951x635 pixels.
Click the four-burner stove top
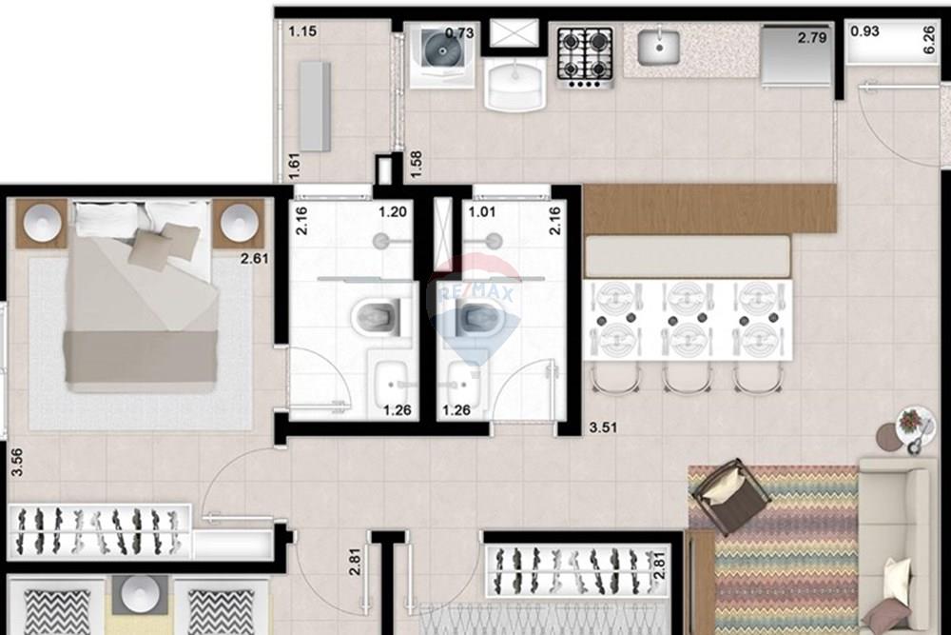click(584, 57)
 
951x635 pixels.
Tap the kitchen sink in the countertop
click(658, 47)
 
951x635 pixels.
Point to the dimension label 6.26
click(928, 39)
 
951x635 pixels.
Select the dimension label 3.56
click(15, 462)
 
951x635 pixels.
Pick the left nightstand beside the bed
click(42, 224)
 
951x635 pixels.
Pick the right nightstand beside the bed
click(238, 224)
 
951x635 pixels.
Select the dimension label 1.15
click(302, 31)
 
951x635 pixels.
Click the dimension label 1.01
click(476, 212)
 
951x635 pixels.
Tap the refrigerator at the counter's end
click(797, 56)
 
